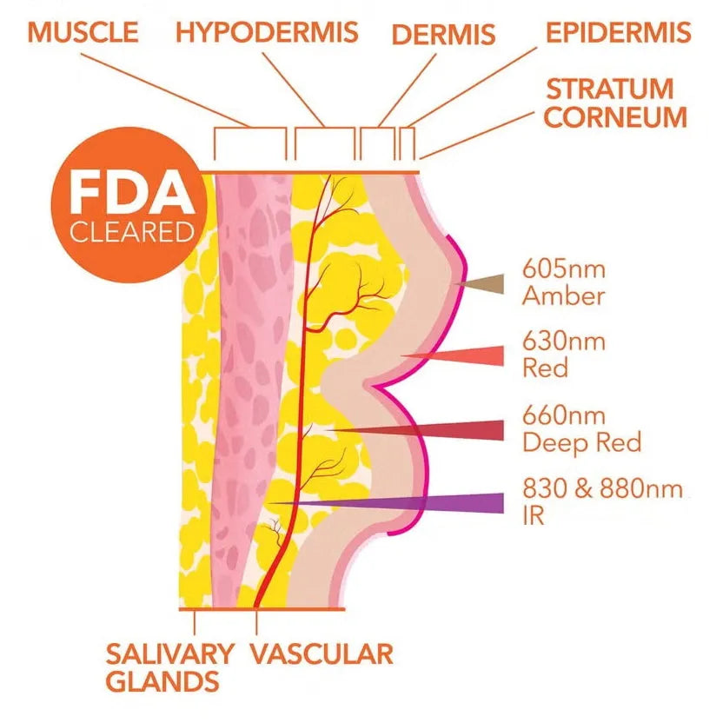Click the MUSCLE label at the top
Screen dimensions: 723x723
coord(83,32)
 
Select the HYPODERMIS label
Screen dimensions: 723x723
coord(267,32)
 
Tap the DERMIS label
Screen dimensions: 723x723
coord(443,35)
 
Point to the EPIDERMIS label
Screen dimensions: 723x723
coord(619,33)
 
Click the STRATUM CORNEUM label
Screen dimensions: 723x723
coord(616,103)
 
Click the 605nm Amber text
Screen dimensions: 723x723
coord(563,281)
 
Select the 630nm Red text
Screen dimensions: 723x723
coord(563,354)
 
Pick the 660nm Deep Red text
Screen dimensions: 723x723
coord(581,428)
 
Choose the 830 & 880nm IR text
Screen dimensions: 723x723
coord(601,501)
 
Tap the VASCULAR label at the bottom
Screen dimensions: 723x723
coord(322,653)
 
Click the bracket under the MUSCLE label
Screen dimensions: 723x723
coord(250,142)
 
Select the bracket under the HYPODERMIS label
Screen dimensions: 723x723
coord(324,142)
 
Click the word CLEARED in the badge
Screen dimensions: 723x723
coord(131,233)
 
